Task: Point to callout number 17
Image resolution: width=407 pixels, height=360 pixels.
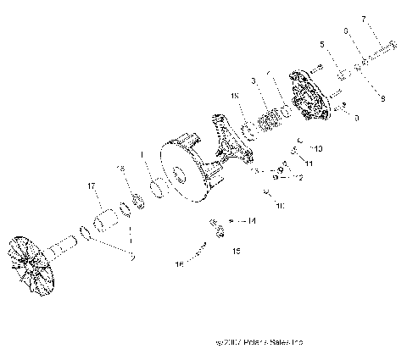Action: click(90, 185)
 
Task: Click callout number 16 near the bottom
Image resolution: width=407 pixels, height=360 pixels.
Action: click(179, 264)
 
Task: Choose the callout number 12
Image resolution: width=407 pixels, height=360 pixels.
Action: click(298, 177)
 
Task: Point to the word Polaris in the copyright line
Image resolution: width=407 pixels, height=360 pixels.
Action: click(254, 342)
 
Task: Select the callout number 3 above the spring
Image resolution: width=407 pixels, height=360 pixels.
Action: click(254, 81)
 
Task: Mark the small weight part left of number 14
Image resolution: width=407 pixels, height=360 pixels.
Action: click(219, 228)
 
